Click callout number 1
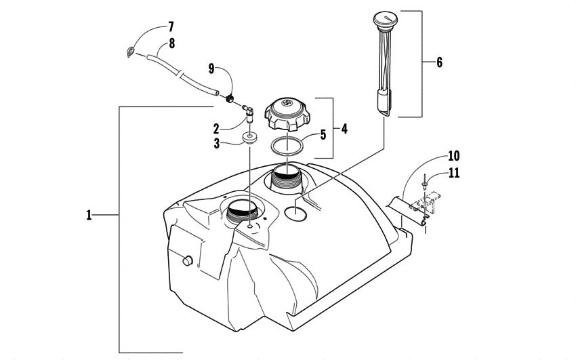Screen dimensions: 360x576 89,216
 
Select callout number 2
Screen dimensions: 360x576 216,127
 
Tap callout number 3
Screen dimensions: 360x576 216,144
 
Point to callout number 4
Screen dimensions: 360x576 344,127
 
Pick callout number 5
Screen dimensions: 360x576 323,134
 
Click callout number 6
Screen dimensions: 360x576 439,62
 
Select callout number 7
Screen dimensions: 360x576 170,27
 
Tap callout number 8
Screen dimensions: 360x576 171,43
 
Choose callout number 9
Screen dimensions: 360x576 211,68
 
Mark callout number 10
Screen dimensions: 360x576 453,155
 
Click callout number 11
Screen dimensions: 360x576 453,172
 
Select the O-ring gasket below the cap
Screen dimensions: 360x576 287,146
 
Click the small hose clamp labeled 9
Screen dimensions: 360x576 230,100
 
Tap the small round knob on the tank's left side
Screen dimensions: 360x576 187,260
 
